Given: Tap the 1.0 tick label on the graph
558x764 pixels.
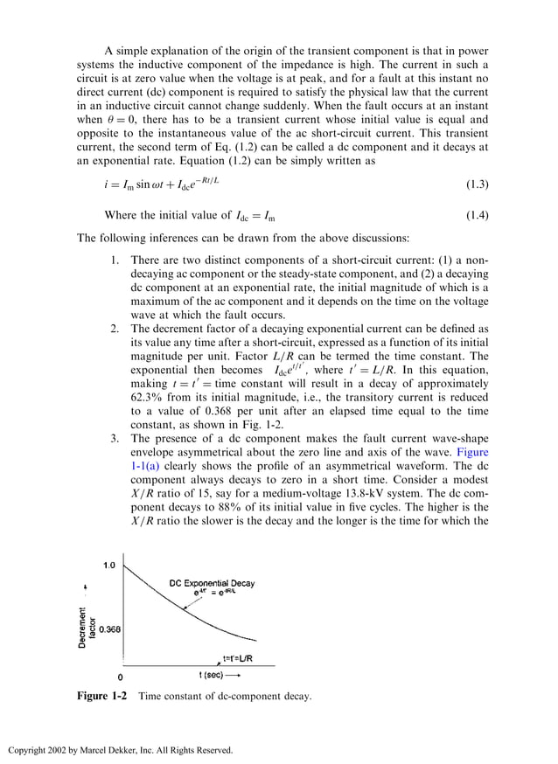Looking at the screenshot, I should (109, 566).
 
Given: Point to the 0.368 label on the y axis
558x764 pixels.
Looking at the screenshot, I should (108, 629).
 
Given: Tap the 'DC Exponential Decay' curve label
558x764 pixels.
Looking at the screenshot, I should (212, 583).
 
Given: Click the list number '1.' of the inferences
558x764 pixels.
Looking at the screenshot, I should (115, 260).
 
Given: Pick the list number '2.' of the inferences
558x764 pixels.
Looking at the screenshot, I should (115, 329).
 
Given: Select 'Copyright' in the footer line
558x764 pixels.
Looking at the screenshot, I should (29, 750).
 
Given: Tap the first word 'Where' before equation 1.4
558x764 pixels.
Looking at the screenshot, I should (122, 215).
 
